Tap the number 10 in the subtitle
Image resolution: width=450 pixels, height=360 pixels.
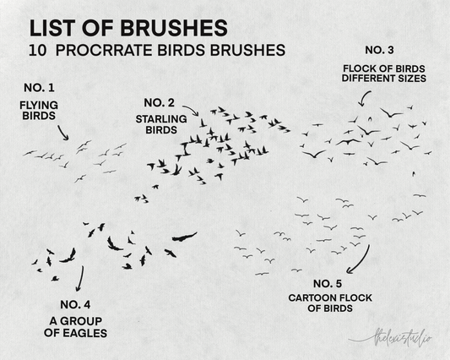[38, 50]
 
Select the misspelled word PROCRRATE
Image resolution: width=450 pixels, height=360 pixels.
[104, 50]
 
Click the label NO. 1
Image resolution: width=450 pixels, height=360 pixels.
[39, 88]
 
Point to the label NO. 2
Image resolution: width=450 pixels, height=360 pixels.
[159, 103]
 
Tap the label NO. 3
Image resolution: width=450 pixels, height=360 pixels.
[379, 50]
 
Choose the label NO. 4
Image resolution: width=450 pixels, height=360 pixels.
[75, 304]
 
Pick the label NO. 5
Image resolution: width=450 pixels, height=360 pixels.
[328, 284]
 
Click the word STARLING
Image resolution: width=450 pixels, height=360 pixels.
[161, 119]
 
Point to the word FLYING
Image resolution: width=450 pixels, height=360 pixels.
[39, 106]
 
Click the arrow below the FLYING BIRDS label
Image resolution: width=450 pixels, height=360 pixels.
[62, 133]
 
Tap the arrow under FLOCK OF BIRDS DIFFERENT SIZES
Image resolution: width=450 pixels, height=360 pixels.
[364, 98]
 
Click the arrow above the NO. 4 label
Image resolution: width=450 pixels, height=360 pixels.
[81, 279]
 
